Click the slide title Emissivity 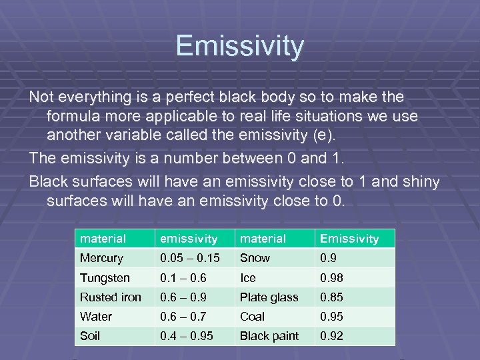pos(240,47)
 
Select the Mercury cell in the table pos(101,258)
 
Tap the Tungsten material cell pos(105,277)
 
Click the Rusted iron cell pos(110,297)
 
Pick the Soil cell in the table pos(90,336)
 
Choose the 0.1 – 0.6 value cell pos(182,277)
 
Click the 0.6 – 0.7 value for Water pos(182,317)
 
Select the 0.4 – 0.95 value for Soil pos(187,336)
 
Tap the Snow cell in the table pos(255,258)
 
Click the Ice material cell pos(247,277)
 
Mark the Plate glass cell pos(269,297)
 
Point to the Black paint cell pos(269,336)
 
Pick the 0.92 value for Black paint pos(332,336)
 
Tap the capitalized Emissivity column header pos(349,239)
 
